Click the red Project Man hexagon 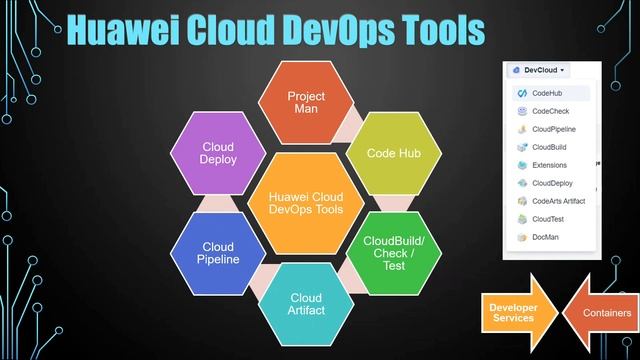[x=307, y=102]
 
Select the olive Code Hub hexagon [x=386, y=153]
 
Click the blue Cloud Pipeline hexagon [x=218, y=253]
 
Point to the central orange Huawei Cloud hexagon [x=306, y=202]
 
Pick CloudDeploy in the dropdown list [x=553, y=183]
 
